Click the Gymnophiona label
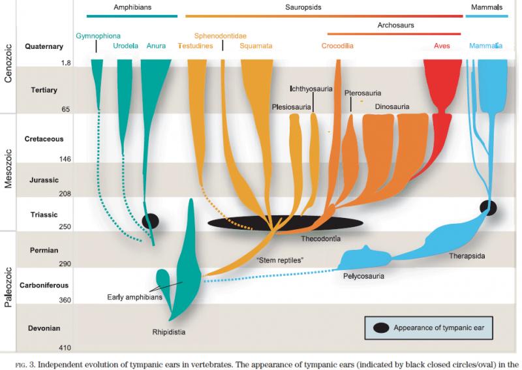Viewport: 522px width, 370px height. click(99, 36)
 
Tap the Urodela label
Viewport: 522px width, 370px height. click(125, 46)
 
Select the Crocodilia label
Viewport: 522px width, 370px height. click(337, 46)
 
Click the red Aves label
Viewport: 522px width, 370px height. click(442, 46)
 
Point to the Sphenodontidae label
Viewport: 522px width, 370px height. click(221, 36)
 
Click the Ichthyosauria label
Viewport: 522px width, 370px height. click(311, 89)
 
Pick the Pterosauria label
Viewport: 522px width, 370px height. click(363, 93)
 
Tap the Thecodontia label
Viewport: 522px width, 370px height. click(320, 239)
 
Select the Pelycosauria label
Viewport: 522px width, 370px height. click(363, 276)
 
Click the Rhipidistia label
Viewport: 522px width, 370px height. click(169, 332)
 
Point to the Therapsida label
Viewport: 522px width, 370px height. click(467, 256)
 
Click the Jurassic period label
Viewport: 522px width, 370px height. click(44, 180)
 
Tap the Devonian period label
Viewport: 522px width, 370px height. click(44, 328)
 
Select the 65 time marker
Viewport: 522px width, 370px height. click(66, 110)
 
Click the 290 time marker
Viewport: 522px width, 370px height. click(65, 264)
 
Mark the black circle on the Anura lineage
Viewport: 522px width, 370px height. click(151, 221)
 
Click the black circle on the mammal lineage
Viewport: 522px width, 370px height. click(488, 208)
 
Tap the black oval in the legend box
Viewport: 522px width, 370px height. click(381, 328)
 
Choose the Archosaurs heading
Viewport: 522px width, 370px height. click(396, 25)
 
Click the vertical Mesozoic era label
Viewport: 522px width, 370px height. click(8, 169)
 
